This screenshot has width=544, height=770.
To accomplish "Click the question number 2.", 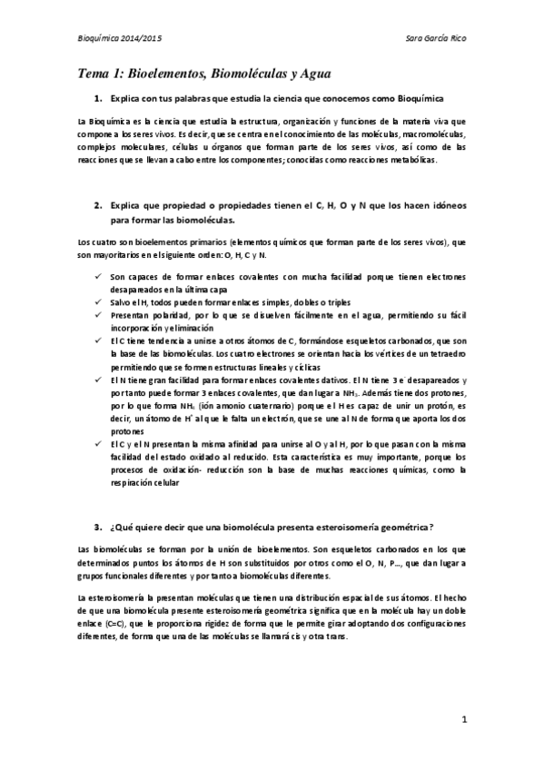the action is point(97,205).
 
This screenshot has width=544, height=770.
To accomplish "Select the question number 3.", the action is point(97,527).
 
